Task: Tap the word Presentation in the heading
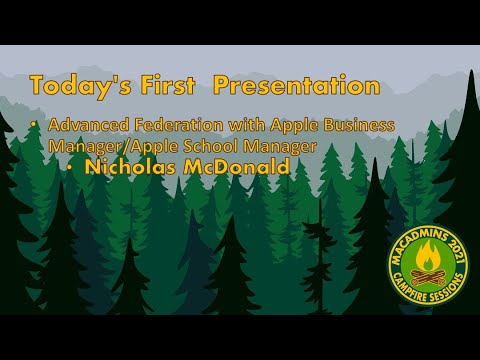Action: pyautogui.click(x=297, y=86)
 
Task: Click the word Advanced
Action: pyautogui.click(x=86, y=126)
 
